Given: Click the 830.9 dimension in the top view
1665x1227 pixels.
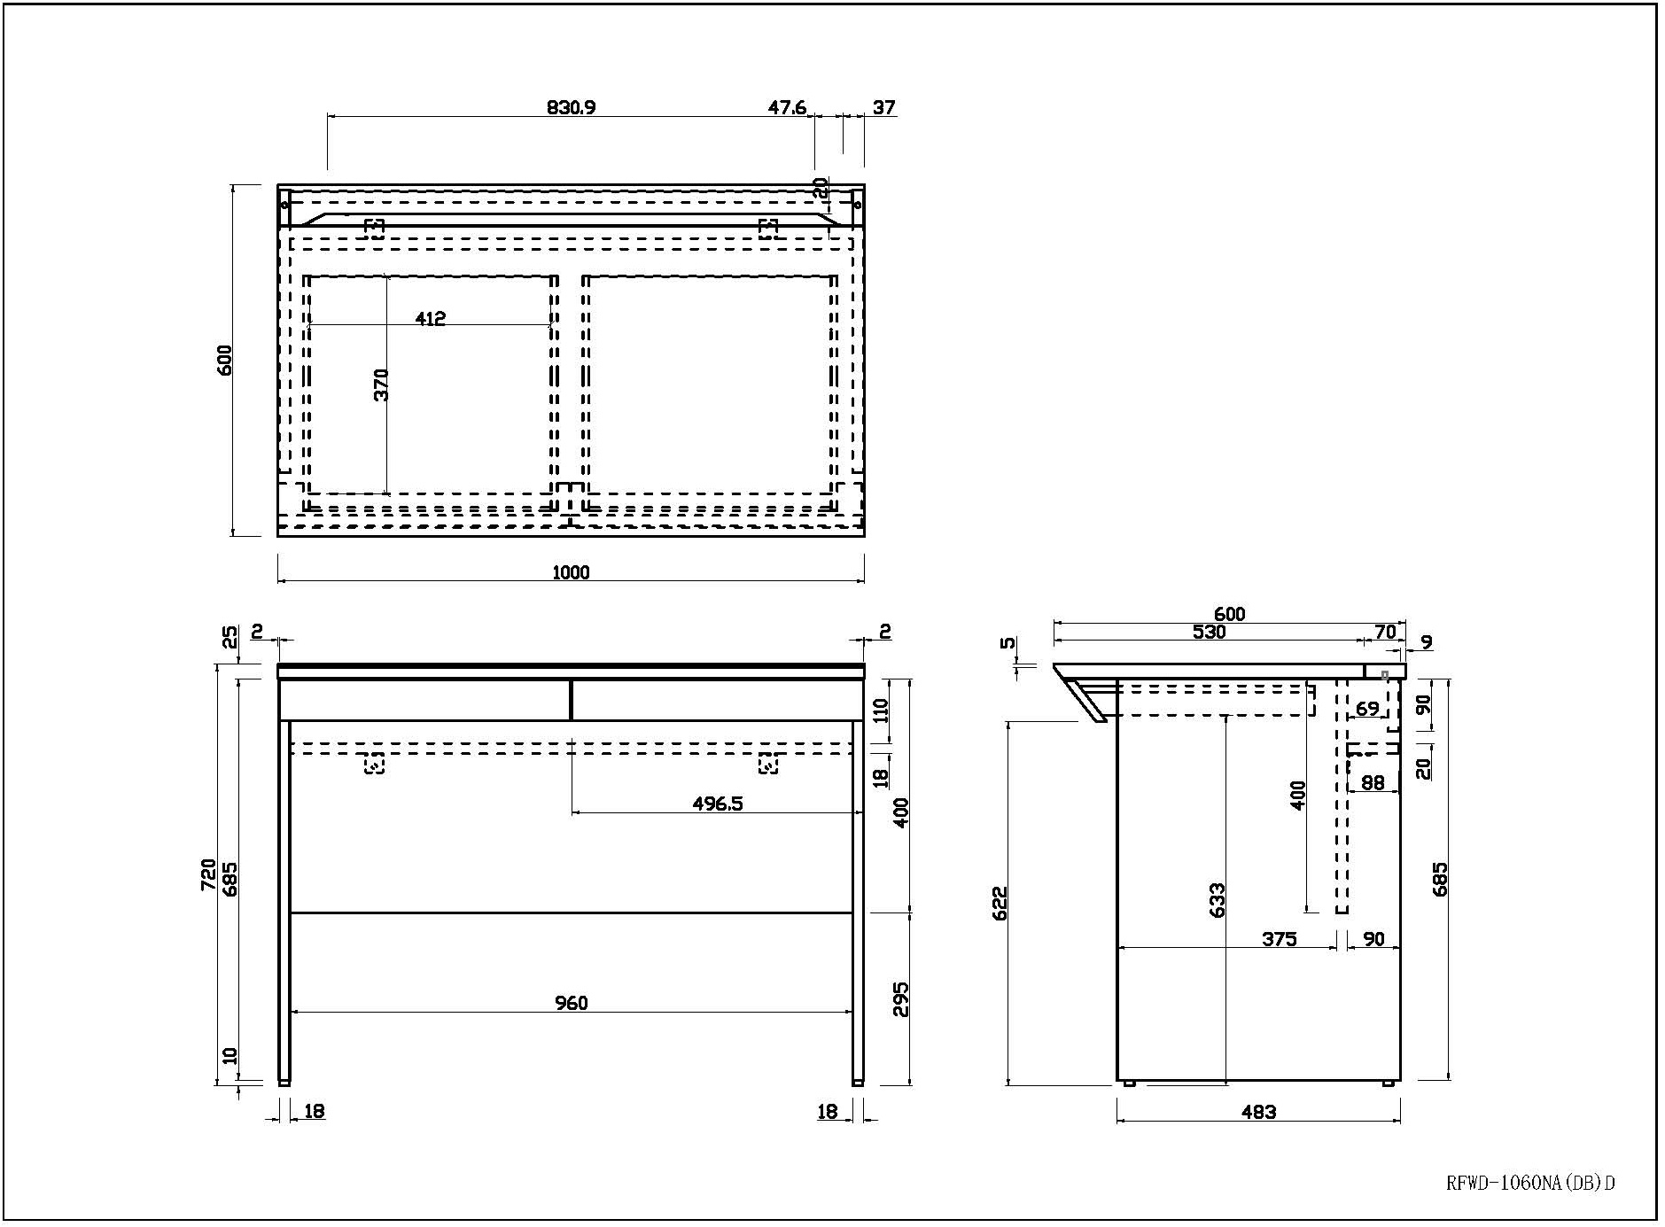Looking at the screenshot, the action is [x=571, y=107].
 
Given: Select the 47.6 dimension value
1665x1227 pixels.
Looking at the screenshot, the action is [x=787, y=107].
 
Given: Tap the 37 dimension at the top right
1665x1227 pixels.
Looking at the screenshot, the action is [x=883, y=107].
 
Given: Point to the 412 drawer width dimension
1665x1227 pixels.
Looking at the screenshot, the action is [x=430, y=318].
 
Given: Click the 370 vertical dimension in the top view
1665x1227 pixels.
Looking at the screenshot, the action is [x=381, y=385].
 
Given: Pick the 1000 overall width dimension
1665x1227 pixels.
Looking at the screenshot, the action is [x=571, y=572].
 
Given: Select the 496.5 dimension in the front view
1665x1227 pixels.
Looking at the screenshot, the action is [x=717, y=804].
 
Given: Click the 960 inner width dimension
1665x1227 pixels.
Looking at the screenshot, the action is [x=571, y=1003].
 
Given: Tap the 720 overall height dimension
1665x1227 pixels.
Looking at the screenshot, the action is [x=208, y=874].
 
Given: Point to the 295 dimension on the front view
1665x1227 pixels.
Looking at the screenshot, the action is [x=900, y=999].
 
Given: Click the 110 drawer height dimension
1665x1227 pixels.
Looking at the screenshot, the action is [x=881, y=712].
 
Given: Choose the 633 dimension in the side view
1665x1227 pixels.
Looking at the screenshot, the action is [x=1218, y=900].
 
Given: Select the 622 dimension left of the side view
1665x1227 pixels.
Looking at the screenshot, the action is [x=1000, y=904].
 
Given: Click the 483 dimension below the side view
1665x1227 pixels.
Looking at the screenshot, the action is [x=1258, y=1111].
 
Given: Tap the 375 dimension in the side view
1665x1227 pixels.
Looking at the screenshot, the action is [x=1280, y=939].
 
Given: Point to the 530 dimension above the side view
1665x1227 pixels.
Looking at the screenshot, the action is [x=1209, y=632].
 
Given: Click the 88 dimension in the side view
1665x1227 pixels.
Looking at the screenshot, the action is [x=1373, y=782].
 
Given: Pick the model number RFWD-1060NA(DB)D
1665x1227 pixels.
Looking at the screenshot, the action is [x=1530, y=1182].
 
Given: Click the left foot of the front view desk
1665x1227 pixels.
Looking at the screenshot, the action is [x=284, y=1082].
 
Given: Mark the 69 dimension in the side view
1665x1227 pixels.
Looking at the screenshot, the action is [x=1367, y=709].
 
